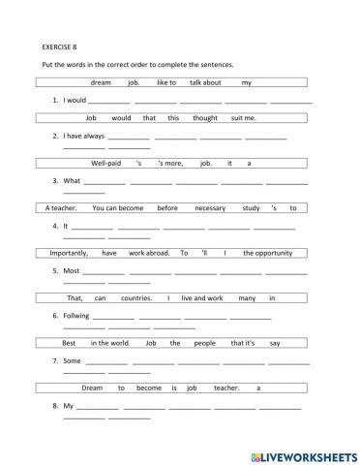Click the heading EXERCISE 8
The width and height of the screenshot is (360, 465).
click(x=60, y=45)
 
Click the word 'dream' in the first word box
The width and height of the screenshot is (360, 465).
click(x=101, y=82)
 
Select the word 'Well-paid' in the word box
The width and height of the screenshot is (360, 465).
click(x=110, y=163)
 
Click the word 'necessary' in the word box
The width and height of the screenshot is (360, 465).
click(x=213, y=207)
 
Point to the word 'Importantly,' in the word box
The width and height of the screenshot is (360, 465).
click(x=69, y=252)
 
